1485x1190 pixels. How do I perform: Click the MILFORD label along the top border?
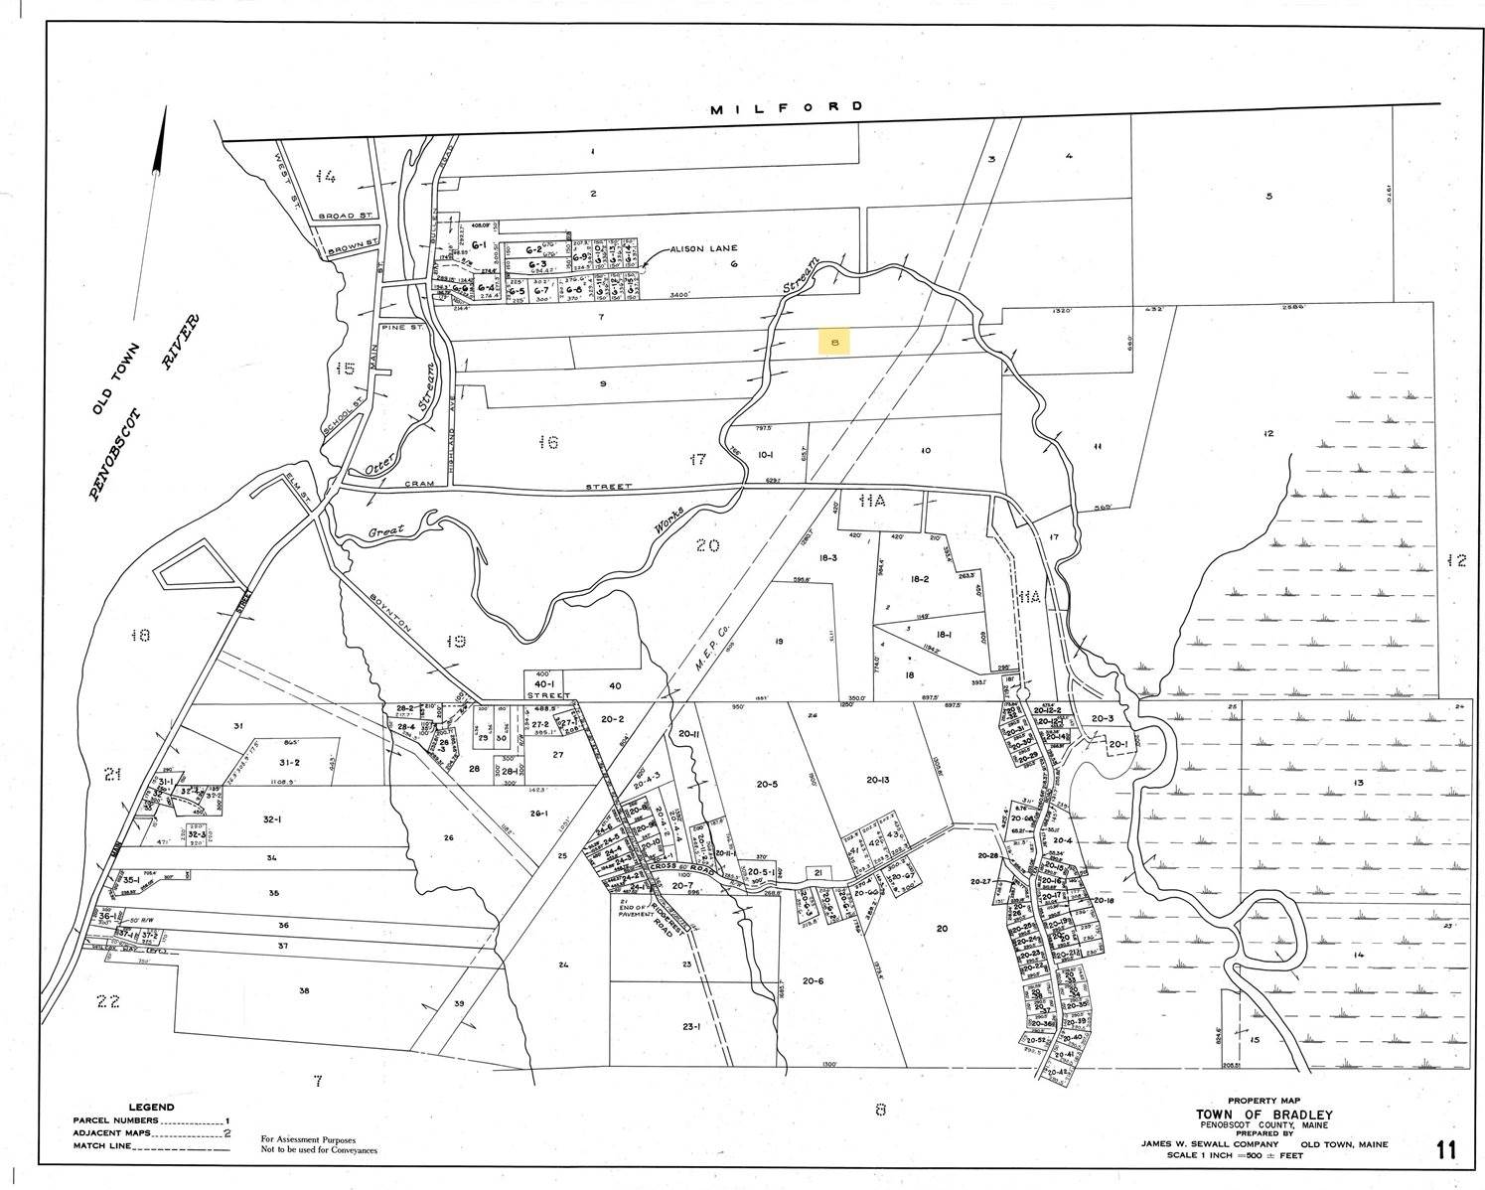point(787,107)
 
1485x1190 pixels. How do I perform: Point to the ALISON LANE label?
point(701,249)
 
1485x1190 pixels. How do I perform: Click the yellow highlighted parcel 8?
point(834,342)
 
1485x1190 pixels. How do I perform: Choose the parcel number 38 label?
point(303,990)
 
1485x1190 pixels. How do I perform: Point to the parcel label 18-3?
point(828,559)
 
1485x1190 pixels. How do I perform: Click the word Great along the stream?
point(386,529)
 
